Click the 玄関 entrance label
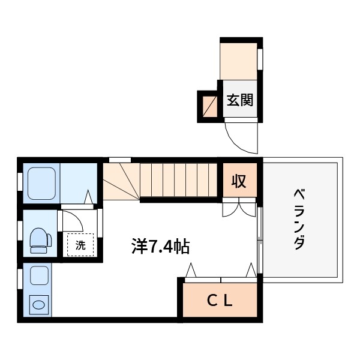pos(239,100)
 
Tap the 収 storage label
pos(239,181)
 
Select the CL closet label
pos(220,301)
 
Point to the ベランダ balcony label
pos(299,219)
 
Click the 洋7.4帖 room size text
pos(161,247)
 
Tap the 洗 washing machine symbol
pos(80,245)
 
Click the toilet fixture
pos(41,241)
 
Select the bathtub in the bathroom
pos(41,184)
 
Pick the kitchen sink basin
pos(39,275)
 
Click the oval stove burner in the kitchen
pos(39,305)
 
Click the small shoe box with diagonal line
pos(209,107)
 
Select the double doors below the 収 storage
pos(239,208)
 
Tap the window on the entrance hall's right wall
pos(260,59)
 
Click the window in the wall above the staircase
pos(120,160)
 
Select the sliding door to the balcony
pos(260,240)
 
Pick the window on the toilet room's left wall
pos(20,231)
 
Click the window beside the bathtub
pos(20,182)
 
